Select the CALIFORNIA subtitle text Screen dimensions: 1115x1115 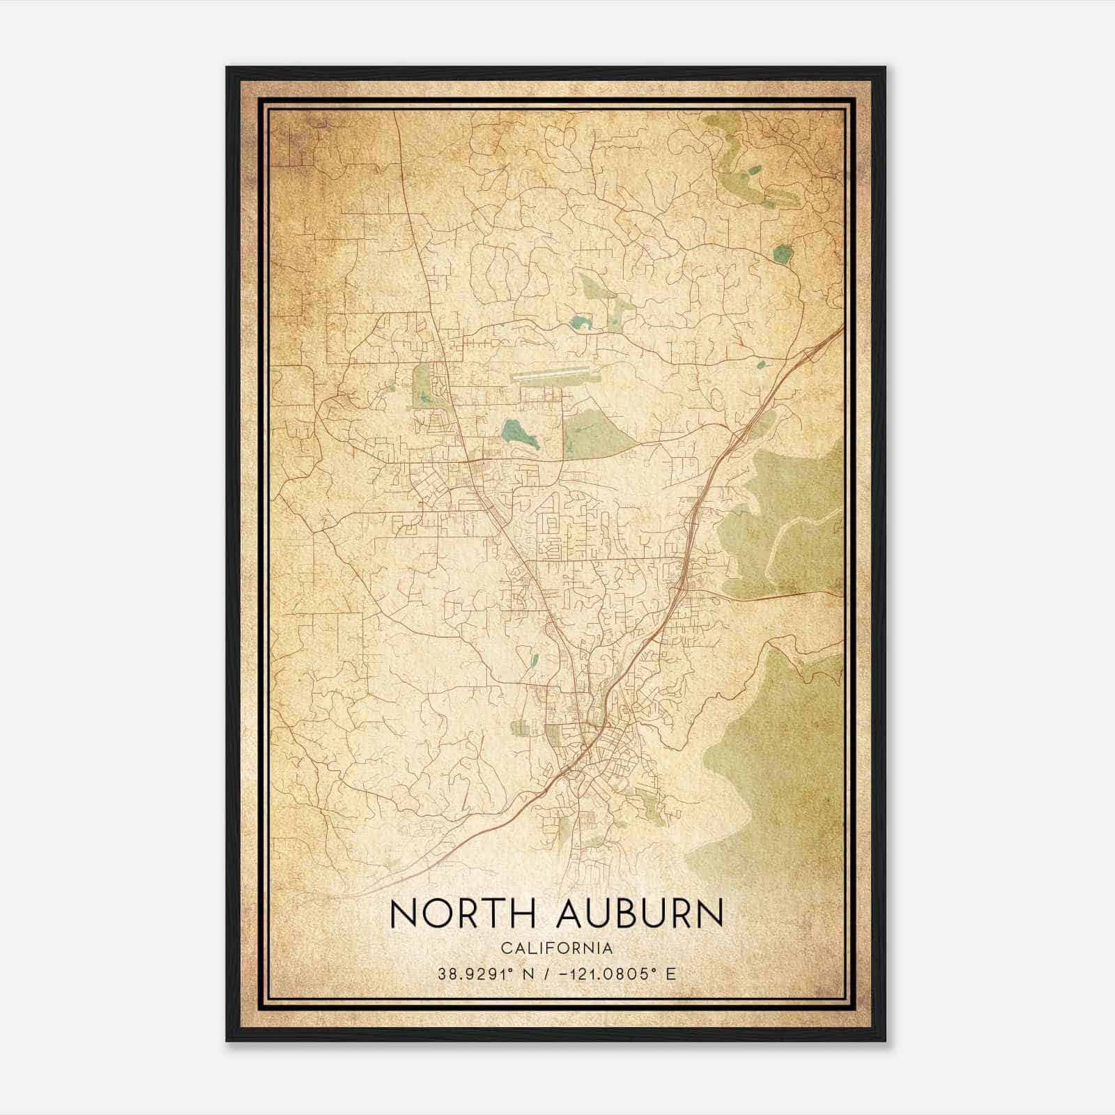coord(557,948)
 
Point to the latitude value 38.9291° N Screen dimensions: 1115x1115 coord(486,974)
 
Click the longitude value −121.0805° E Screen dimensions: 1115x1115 coord(610,974)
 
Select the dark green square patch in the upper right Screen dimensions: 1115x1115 coord(783,254)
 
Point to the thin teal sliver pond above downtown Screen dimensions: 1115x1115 coord(535,660)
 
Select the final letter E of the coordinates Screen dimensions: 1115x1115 coord(671,974)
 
